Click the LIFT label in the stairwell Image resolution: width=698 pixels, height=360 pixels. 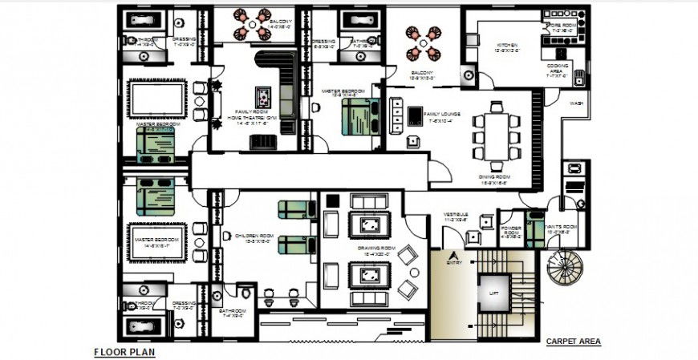pos(493,294)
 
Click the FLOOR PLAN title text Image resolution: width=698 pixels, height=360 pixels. pos(124,351)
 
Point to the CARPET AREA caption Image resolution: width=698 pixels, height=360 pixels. pos(573,342)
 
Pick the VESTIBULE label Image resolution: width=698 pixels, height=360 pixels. pos(457,215)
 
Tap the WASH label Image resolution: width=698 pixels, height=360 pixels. pos(576,103)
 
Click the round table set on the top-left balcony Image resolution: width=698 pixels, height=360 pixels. pos(251,24)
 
